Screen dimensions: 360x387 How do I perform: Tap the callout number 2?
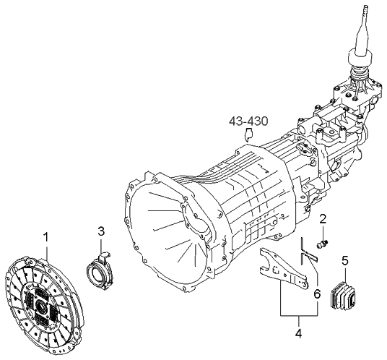click(x=323, y=218)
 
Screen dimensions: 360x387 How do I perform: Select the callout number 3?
click(x=102, y=231)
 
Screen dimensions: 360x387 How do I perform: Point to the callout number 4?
click(x=298, y=335)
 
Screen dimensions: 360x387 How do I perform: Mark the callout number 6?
click(x=316, y=293)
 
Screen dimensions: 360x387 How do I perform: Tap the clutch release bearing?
click(x=97, y=272)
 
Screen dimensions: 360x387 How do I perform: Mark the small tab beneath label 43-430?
click(x=248, y=133)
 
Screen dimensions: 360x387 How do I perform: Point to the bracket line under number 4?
click(x=298, y=317)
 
